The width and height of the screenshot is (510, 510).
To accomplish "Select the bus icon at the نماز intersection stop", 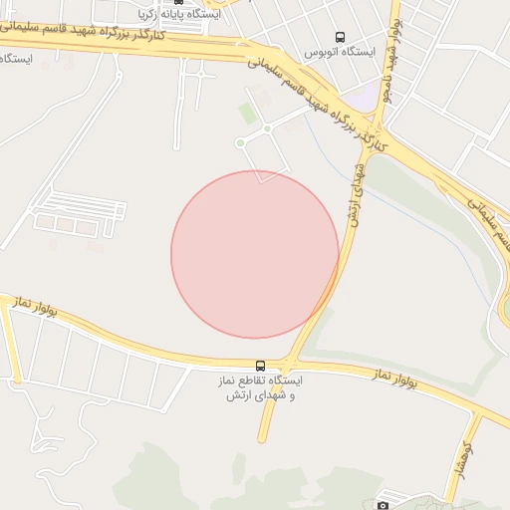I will [261, 366].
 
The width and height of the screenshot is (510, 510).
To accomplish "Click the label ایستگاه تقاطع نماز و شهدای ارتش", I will [262, 387].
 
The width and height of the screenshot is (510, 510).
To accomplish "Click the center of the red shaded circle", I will [255, 254].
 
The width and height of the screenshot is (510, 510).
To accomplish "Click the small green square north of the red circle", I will [247, 114].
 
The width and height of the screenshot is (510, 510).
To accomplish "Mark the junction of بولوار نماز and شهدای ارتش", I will [290, 362].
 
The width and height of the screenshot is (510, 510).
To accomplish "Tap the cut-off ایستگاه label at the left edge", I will [17, 59].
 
